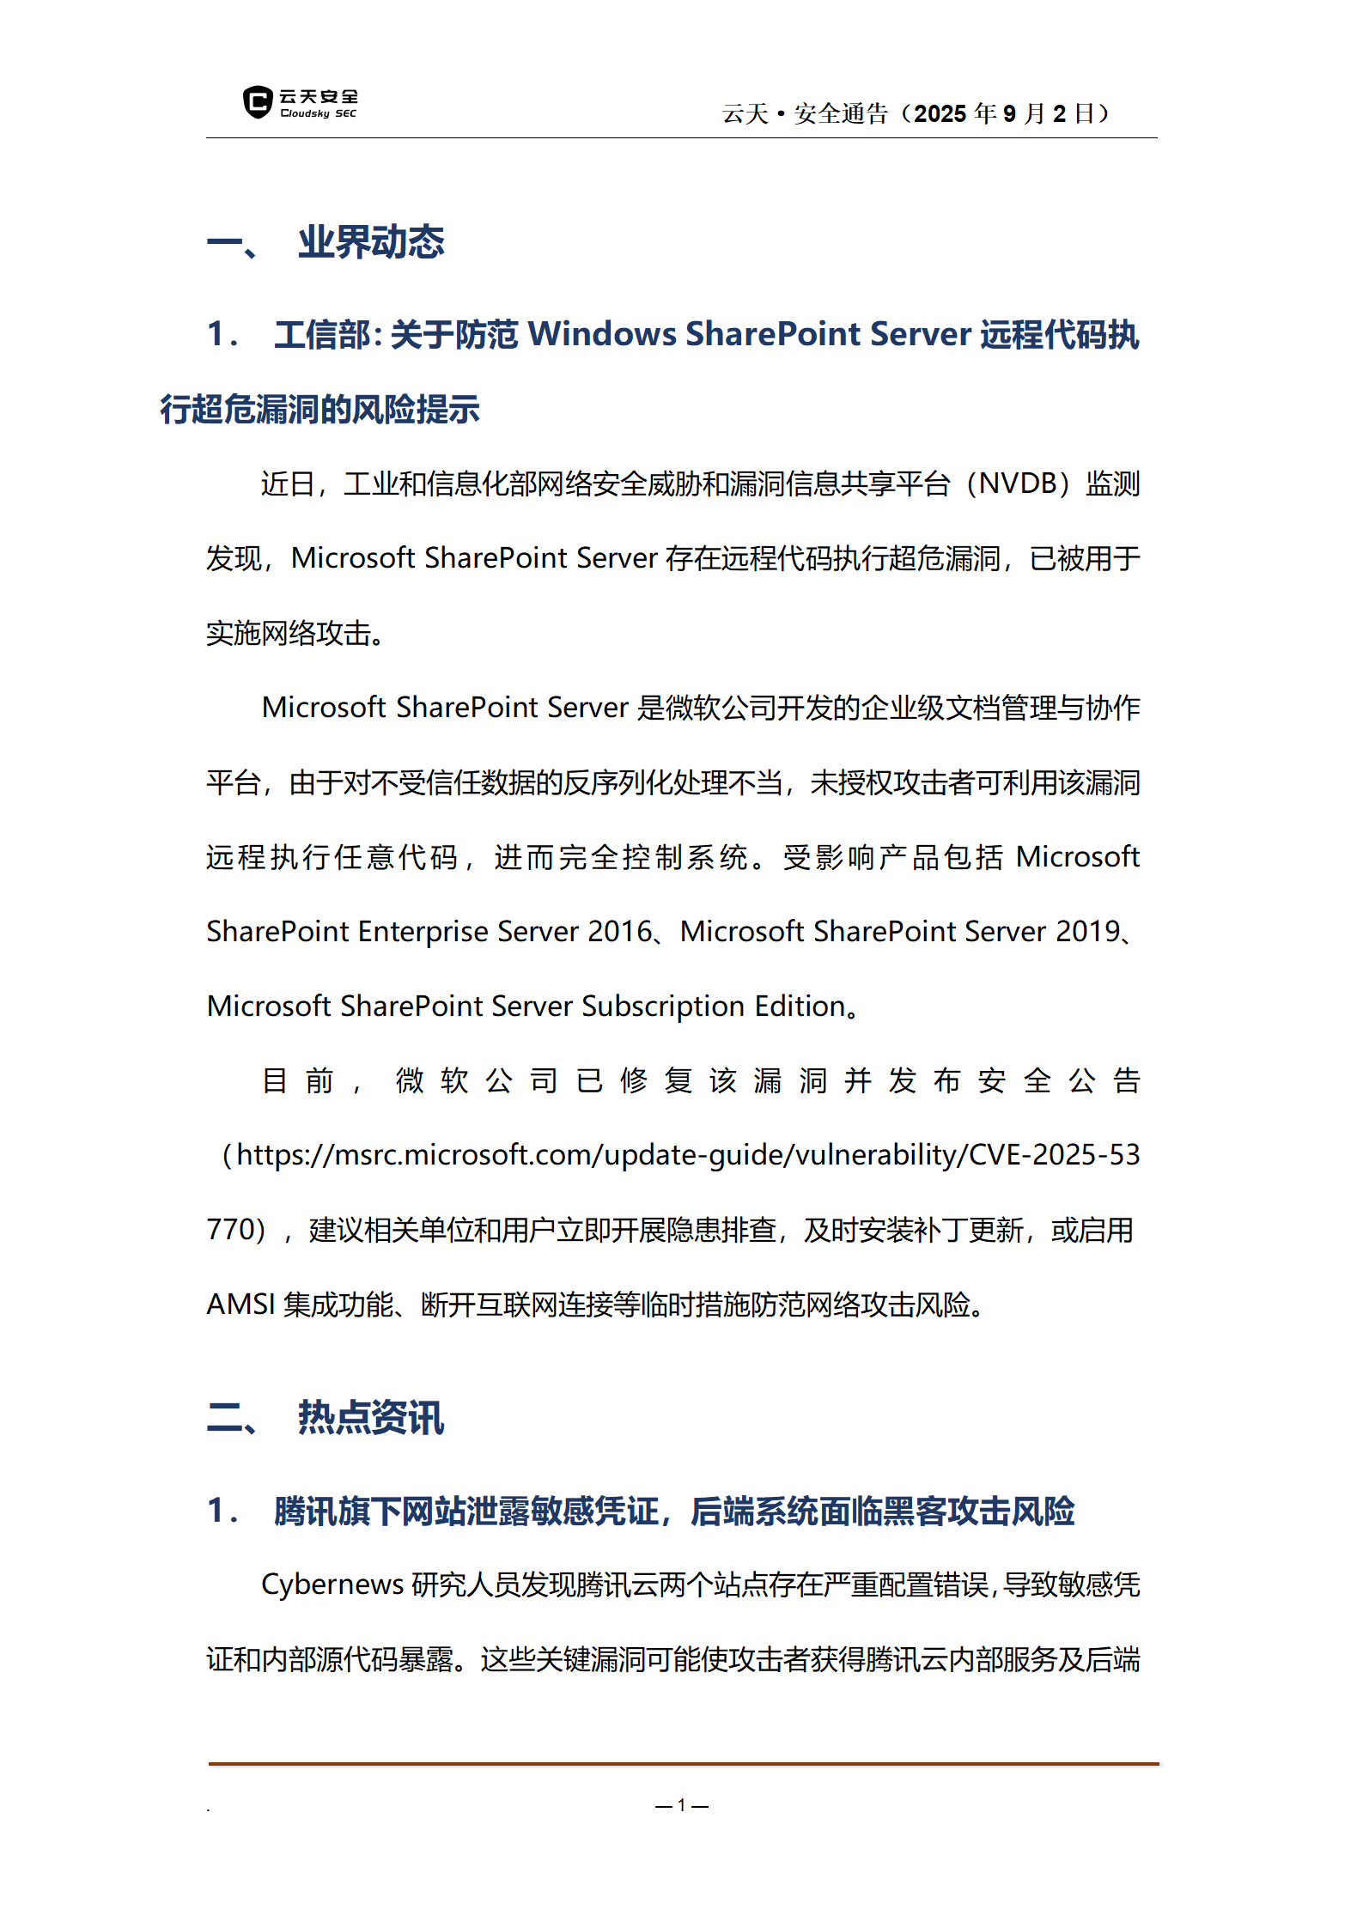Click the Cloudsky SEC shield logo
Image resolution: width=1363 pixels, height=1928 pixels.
pos(258,102)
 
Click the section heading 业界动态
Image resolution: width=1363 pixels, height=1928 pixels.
pos(371,242)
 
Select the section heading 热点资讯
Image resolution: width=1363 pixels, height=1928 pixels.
pos(371,1417)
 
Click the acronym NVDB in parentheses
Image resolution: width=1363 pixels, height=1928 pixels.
pos(1018,484)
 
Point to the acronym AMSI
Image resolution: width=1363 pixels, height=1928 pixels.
pos(240,1305)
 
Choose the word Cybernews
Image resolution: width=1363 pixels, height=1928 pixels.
pos(332,1584)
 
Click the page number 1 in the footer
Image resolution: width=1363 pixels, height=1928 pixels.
pos(681,1805)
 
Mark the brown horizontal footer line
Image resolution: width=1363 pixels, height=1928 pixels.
pos(683,1764)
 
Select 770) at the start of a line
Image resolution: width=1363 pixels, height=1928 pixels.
pos(235,1230)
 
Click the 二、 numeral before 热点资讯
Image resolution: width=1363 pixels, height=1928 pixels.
pos(232,1417)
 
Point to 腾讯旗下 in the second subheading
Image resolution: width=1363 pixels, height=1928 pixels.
pos(338,1511)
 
